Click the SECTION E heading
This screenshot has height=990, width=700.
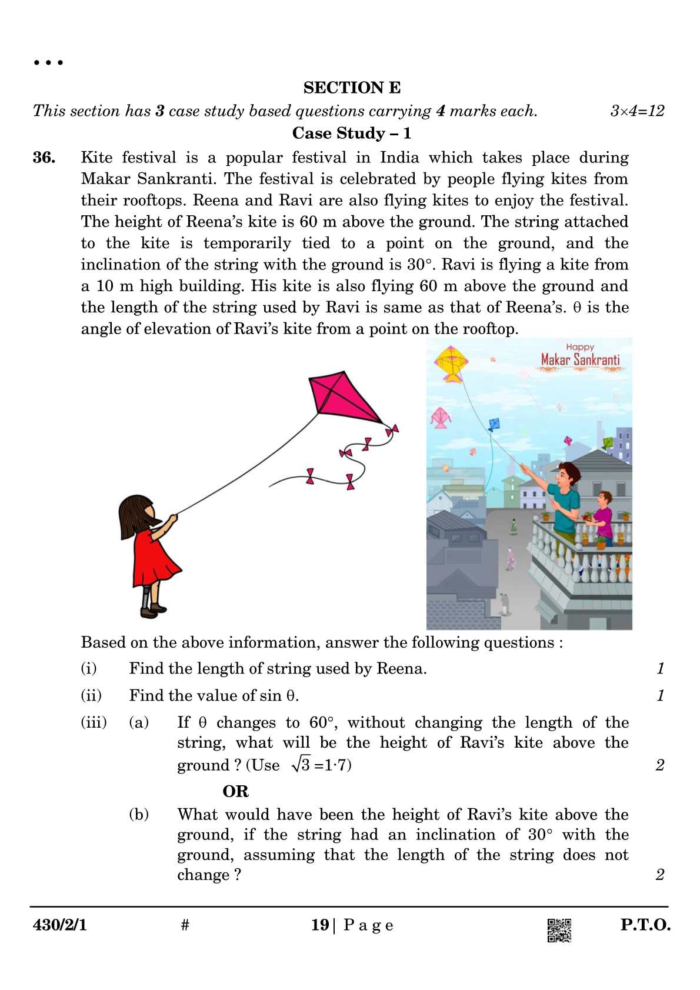(x=352, y=88)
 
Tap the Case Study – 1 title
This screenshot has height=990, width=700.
(x=351, y=133)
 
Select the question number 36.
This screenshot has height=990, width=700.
(x=44, y=158)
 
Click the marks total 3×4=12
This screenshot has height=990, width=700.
(x=637, y=111)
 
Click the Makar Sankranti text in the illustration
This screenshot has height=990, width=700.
(x=580, y=359)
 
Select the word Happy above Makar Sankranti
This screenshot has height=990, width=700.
(x=580, y=347)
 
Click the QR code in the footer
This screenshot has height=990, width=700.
(x=559, y=930)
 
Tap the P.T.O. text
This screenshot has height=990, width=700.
(x=645, y=925)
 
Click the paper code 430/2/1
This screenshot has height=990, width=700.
(x=60, y=925)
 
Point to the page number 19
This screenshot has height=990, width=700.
(x=320, y=925)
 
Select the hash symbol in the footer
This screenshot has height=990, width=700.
(x=185, y=925)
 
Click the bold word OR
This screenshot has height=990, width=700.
(x=235, y=791)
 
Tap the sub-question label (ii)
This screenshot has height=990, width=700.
(x=91, y=696)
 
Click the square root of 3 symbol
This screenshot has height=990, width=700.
(x=301, y=764)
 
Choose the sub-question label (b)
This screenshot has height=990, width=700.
(x=139, y=815)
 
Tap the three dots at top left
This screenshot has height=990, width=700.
(x=48, y=62)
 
